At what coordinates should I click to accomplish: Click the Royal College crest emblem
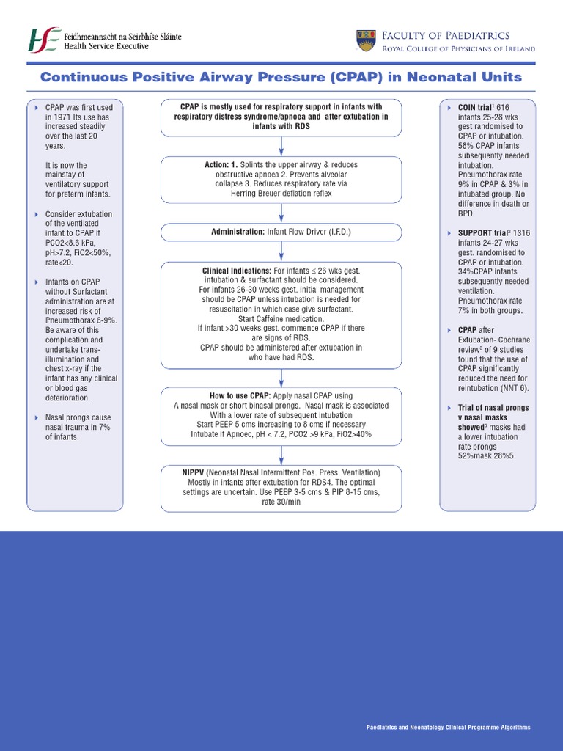[366, 41]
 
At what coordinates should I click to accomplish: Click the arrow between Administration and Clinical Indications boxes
[281, 251]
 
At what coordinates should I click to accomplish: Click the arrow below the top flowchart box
[281, 145]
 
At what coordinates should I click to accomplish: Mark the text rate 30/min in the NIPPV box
[281, 502]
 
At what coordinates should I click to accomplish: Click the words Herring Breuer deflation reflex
[281, 194]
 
